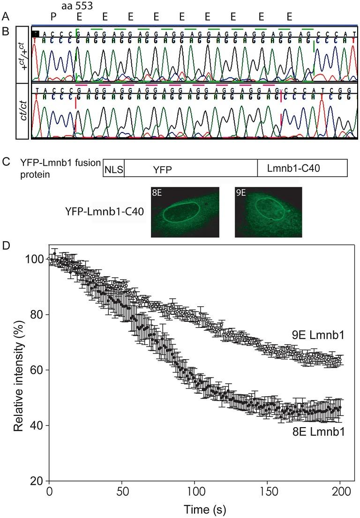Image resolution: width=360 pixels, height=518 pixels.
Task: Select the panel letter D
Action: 6,245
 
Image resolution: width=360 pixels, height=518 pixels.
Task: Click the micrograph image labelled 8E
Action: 185,212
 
